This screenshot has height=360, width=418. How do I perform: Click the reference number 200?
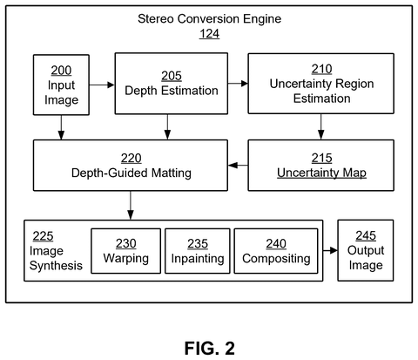click(x=61, y=71)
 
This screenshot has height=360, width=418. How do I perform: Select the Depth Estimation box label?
click(x=172, y=91)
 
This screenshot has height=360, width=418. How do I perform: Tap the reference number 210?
click(x=321, y=69)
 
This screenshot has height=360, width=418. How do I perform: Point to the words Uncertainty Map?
click(x=321, y=173)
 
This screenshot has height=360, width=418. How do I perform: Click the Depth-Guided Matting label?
click(x=131, y=173)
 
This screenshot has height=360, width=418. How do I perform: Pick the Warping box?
click(x=125, y=251)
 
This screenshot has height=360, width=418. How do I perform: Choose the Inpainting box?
click(x=198, y=251)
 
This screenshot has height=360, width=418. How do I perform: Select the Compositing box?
click(x=276, y=251)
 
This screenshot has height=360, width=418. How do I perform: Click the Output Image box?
click(x=366, y=250)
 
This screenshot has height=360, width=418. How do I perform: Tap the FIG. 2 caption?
click(x=210, y=348)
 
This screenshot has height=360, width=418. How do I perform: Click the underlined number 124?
click(x=209, y=34)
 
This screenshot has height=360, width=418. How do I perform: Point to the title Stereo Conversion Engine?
click(x=209, y=19)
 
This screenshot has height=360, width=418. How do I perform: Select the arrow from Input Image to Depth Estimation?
click(x=102, y=85)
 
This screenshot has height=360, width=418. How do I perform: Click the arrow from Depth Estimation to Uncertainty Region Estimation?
click(x=238, y=84)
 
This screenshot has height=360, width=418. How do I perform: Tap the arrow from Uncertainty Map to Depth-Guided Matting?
click(x=238, y=166)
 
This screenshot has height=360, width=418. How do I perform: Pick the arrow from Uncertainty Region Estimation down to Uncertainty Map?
click(x=320, y=126)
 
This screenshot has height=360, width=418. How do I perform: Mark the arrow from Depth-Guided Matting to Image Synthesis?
click(x=131, y=205)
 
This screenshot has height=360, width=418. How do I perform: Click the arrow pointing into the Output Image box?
click(x=330, y=250)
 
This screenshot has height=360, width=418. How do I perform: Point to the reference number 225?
click(x=43, y=236)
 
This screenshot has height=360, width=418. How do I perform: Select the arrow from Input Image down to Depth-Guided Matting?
click(x=61, y=127)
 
